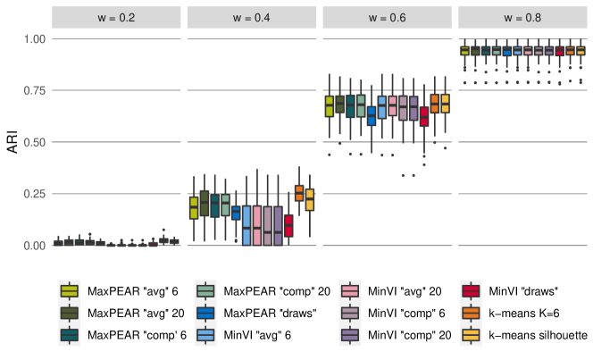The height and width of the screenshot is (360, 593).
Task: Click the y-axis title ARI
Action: (x=13, y=141)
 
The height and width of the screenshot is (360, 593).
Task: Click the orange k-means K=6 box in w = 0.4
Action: (x=299, y=193)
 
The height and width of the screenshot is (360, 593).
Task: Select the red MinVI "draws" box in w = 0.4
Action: (x=288, y=226)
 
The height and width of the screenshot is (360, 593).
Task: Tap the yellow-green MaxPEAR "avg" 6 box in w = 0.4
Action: (x=194, y=208)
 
